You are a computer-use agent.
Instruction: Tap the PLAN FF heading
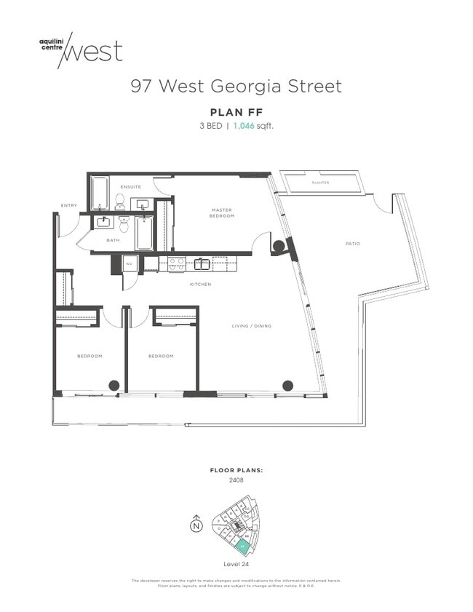(236, 112)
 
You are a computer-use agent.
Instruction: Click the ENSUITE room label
(131, 187)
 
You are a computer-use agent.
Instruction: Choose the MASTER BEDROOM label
(221, 213)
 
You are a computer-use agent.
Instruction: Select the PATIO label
(352, 244)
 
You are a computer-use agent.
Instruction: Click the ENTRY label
(69, 205)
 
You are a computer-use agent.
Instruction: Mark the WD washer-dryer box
(130, 263)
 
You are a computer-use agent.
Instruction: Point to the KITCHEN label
(200, 284)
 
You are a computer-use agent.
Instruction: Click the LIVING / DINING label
(251, 326)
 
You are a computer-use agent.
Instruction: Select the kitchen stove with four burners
(177, 263)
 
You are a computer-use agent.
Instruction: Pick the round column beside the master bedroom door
(278, 246)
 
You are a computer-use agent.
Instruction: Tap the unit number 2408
(236, 480)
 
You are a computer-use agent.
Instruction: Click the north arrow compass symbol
(196, 525)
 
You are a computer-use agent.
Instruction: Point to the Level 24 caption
(236, 564)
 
